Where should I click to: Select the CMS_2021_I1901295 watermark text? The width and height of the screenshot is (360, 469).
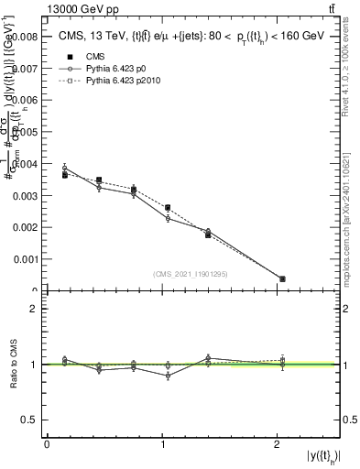(x=191, y=274)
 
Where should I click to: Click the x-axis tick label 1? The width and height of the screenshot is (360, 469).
(x=162, y=444)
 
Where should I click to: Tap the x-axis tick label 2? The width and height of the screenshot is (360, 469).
(x=278, y=444)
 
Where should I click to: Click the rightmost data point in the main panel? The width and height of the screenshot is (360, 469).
(x=282, y=278)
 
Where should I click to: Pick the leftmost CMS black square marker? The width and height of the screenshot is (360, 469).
(x=64, y=174)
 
